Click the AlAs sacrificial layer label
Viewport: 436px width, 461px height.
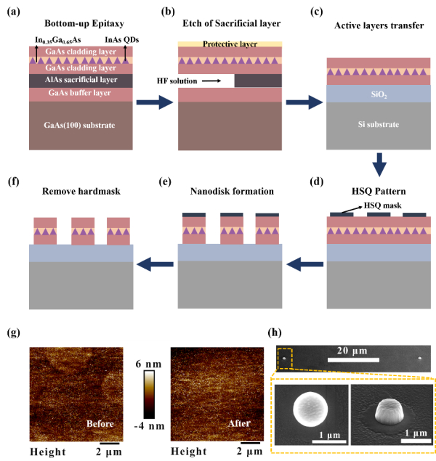[81, 80]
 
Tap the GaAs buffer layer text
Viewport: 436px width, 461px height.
[80, 93]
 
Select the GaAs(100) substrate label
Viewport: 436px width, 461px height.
[79, 126]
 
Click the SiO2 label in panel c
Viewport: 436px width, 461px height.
[379, 94]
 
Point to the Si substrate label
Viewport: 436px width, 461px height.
[379, 124]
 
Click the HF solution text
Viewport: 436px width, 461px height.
[177, 81]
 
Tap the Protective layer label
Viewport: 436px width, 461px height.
[230, 44]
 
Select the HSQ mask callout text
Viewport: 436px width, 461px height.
[383, 205]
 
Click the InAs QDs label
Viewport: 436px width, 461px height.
[122, 40]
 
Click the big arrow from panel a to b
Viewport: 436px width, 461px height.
[155, 102]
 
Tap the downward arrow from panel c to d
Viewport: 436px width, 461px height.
[379, 165]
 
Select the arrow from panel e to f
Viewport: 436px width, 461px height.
[155, 264]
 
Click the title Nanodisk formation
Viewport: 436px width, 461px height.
[232, 192]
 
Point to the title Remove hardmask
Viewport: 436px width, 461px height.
[81, 192]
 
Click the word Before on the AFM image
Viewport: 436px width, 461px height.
[100, 424]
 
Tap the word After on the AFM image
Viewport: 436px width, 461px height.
[239, 423]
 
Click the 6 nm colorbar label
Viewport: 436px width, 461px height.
[148, 364]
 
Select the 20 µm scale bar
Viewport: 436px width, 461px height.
[353, 360]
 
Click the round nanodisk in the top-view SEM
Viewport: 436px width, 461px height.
[311, 409]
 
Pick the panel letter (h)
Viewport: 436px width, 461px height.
[275, 333]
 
